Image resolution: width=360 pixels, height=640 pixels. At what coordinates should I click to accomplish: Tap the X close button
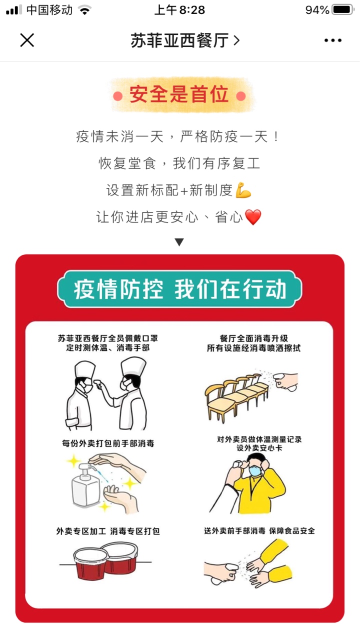(x=27, y=40)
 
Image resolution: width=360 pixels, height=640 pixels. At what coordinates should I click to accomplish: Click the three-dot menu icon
(x=333, y=40)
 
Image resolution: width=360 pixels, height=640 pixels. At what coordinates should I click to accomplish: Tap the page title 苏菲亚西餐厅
(x=180, y=40)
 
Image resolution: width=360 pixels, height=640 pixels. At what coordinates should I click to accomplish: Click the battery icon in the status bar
(x=343, y=10)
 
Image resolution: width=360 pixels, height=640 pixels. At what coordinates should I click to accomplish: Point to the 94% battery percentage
(x=317, y=10)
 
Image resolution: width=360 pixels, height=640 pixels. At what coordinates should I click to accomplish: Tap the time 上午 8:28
(x=179, y=10)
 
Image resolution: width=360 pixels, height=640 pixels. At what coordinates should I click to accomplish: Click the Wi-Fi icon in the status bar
(x=84, y=10)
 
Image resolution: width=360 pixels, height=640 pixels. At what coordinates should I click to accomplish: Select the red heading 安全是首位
(x=179, y=94)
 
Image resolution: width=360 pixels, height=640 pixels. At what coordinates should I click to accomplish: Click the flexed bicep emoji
(x=243, y=190)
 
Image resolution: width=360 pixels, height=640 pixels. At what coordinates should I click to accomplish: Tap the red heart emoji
(x=253, y=217)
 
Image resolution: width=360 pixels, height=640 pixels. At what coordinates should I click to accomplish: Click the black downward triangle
(x=179, y=242)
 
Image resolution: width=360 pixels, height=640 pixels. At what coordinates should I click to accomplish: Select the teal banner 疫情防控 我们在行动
(x=179, y=289)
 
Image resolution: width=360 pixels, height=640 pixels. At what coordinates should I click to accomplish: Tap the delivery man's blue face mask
(x=255, y=470)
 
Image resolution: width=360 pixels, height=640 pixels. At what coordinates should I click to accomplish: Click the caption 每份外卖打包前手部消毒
(x=108, y=443)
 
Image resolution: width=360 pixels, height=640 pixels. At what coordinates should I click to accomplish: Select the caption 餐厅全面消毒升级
(x=253, y=338)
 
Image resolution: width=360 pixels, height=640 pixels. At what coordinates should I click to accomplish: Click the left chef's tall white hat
(x=84, y=369)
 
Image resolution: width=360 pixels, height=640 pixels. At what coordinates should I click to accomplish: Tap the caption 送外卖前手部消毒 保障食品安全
(x=259, y=531)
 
